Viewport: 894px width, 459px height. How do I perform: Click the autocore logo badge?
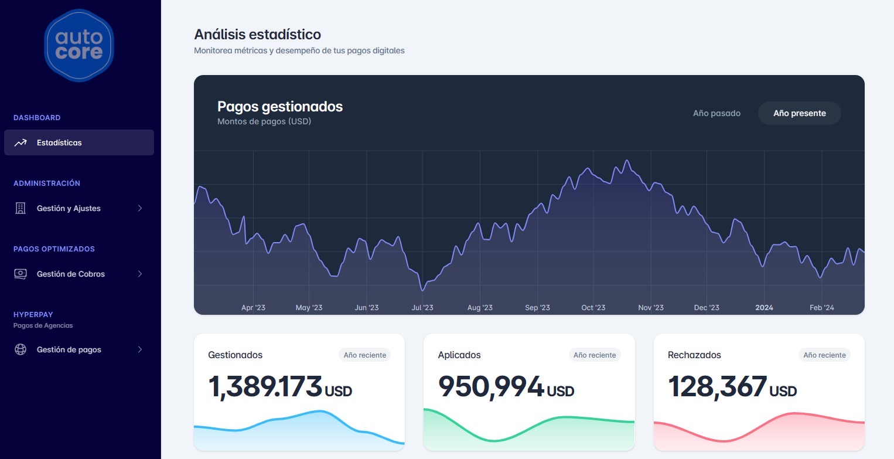click(79, 46)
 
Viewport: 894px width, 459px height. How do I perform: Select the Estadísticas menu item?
click(79, 142)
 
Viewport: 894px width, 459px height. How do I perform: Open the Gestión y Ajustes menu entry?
click(69, 208)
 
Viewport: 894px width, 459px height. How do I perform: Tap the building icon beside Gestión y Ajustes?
click(21, 208)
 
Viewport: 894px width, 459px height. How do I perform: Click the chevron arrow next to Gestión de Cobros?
click(140, 274)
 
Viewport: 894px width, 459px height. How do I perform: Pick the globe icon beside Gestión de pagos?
click(21, 349)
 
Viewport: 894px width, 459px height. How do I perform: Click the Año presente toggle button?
click(799, 113)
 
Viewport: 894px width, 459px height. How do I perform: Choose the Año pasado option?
click(716, 113)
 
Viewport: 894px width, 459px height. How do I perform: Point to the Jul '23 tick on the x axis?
click(422, 308)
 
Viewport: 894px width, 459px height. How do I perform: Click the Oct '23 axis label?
click(593, 308)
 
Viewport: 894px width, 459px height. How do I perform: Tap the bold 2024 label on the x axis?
click(764, 308)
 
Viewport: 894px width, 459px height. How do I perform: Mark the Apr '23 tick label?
click(253, 308)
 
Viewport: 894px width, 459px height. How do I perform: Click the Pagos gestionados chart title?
click(280, 107)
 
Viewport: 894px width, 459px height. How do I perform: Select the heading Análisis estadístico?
click(257, 35)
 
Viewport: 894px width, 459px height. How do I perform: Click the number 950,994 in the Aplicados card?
click(491, 386)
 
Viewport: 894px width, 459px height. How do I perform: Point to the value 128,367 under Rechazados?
click(717, 386)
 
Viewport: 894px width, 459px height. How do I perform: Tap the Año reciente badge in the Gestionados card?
click(364, 355)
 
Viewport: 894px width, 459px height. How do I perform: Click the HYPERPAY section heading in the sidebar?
click(33, 315)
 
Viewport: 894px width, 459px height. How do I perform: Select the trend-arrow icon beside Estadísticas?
click(21, 142)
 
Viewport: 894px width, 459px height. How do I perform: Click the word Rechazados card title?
click(694, 355)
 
